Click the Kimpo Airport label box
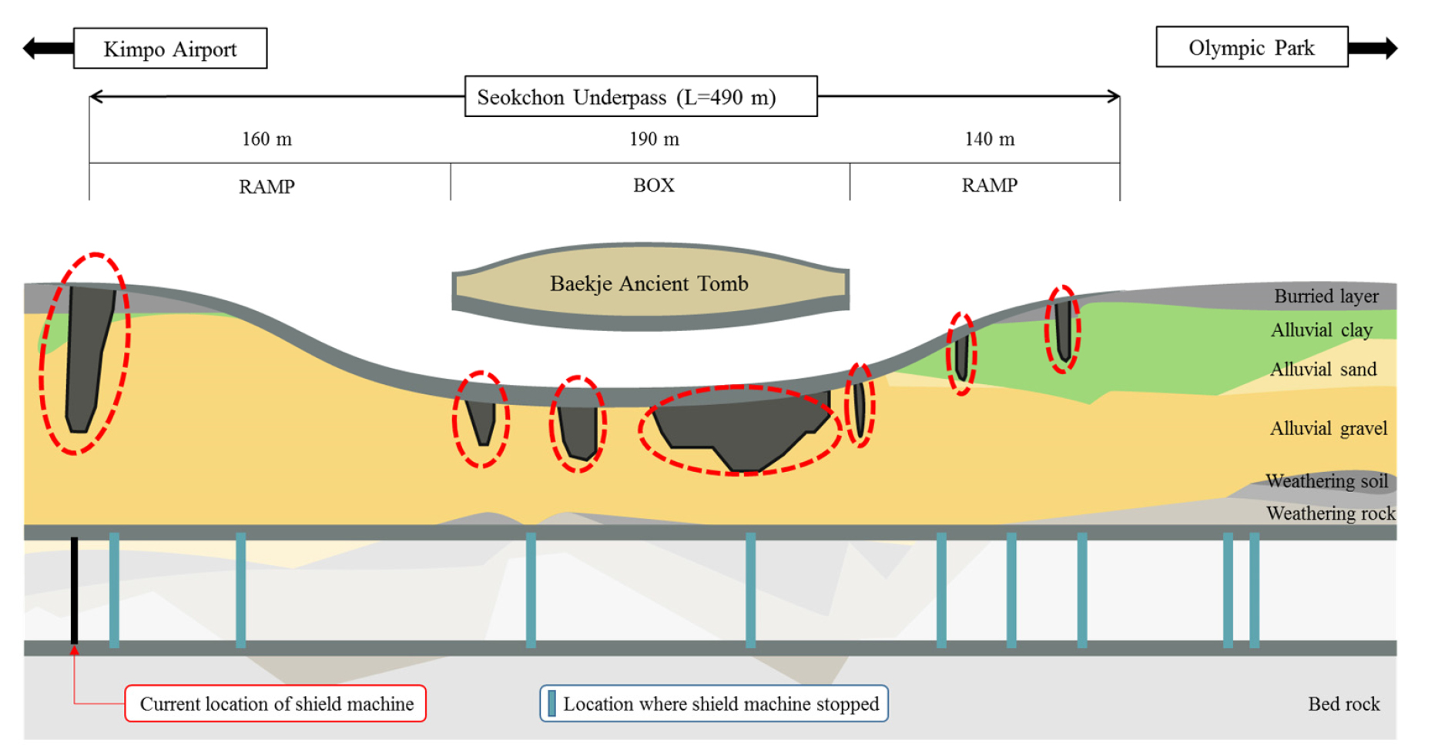(x=170, y=49)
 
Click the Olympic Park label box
(x=1252, y=47)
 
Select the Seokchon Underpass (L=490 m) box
(x=641, y=96)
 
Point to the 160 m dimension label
(x=267, y=139)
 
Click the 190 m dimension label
(x=654, y=139)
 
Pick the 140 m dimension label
(x=989, y=139)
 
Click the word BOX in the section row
(x=653, y=186)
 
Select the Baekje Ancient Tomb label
(x=649, y=283)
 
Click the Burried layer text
(x=1326, y=296)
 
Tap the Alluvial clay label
(x=1321, y=330)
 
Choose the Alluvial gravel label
(x=1328, y=428)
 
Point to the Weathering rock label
(x=1330, y=513)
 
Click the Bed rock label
(x=1343, y=704)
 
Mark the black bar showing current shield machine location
(x=75, y=590)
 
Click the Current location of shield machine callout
(x=276, y=704)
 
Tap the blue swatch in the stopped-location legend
(x=552, y=703)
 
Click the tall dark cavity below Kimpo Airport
(x=87, y=354)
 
